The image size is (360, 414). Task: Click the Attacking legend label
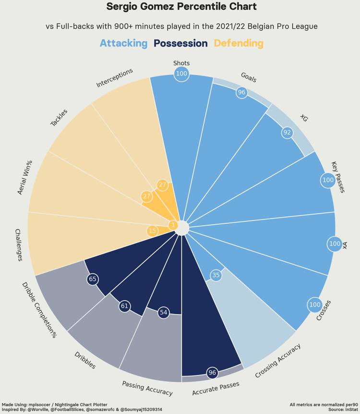pyautogui.click(x=123, y=43)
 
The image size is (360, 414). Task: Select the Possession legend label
pyautogui.click(x=180, y=43)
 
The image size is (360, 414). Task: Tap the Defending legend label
pyautogui.click(x=239, y=43)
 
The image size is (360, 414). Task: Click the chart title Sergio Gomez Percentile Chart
pyautogui.click(x=181, y=7)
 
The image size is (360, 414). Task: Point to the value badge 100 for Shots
pyautogui.click(x=181, y=73)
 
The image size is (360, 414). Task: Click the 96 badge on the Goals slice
pyautogui.click(x=242, y=92)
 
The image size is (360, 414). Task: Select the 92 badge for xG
pyautogui.click(x=287, y=133)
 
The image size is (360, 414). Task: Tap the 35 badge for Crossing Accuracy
pyautogui.click(x=216, y=275)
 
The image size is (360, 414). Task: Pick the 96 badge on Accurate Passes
pyautogui.click(x=212, y=373)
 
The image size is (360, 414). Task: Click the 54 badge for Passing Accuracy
pyautogui.click(x=164, y=313)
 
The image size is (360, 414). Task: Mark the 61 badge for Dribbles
pyautogui.click(x=125, y=306)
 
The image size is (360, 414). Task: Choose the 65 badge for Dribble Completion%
pyautogui.click(x=93, y=279)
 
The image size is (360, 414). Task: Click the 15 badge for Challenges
pyautogui.click(x=152, y=231)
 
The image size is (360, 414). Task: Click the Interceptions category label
pyautogui.click(x=115, y=78)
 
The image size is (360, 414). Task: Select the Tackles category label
pyautogui.click(x=59, y=118)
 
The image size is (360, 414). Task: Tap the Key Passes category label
pyautogui.click(x=338, y=177)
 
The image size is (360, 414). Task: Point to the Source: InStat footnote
pyautogui.click(x=343, y=410)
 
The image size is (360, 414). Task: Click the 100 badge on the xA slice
pyautogui.click(x=335, y=244)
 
